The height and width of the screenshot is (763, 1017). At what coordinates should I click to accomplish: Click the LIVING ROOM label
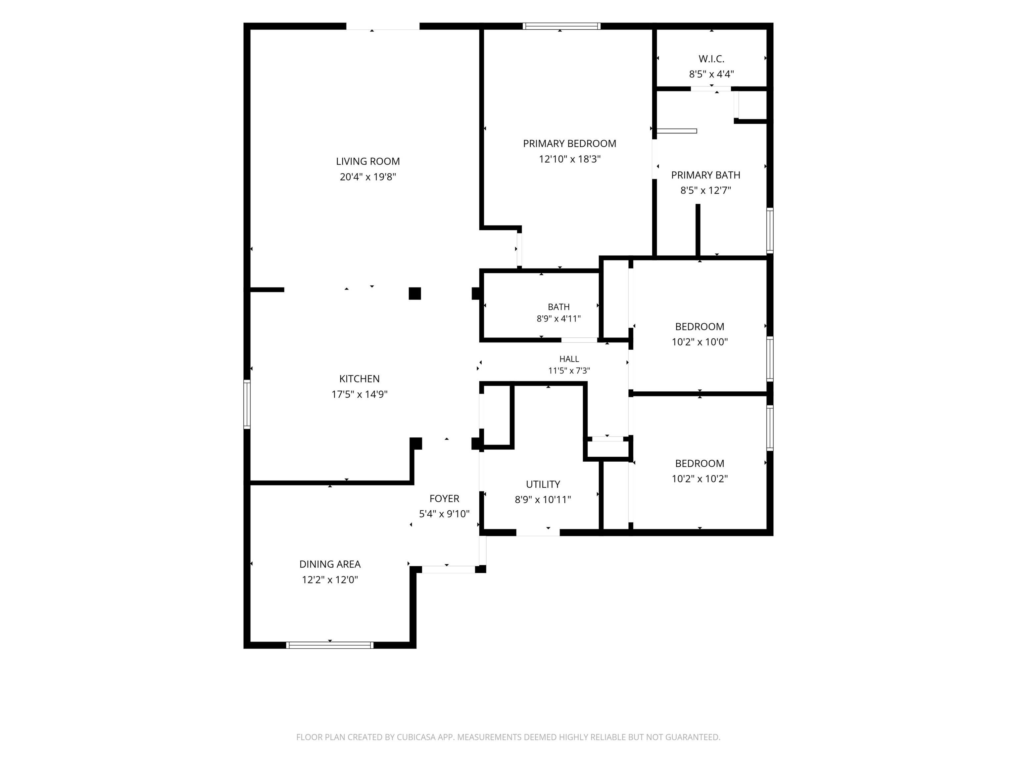(x=368, y=161)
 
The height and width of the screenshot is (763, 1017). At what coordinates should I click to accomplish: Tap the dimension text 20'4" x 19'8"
(x=368, y=177)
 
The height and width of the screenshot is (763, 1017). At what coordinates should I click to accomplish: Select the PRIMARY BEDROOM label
(x=570, y=143)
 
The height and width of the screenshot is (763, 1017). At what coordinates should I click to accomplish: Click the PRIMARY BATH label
(x=706, y=175)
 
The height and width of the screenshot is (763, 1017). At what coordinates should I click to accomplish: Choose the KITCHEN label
(x=360, y=379)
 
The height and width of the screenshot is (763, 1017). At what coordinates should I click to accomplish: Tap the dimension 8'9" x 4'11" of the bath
(x=558, y=319)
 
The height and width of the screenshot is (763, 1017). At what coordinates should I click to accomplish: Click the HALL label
(x=569, y=359)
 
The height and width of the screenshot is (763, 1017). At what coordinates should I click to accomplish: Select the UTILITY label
(x=543, y=484)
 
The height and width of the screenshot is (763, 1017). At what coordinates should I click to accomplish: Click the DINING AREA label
(x=330, y=564)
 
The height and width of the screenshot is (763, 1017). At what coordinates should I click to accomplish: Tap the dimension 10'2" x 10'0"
(x=700, y=342)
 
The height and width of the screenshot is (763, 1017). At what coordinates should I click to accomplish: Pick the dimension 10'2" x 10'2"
(x=700, y=479)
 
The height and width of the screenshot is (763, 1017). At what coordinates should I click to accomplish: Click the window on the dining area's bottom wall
(x=330, y=645)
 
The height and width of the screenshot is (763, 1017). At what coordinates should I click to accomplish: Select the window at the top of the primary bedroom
(x=561, y=26)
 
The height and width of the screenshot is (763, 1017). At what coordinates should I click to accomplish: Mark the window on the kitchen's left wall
(x=247, y=405)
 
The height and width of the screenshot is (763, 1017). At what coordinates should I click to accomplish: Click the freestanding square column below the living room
(x=415, y=293)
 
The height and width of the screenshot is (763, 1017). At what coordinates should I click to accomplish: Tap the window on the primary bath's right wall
(x=770, y=230)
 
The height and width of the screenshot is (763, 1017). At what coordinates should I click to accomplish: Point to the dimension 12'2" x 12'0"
(x=330, y=580)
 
